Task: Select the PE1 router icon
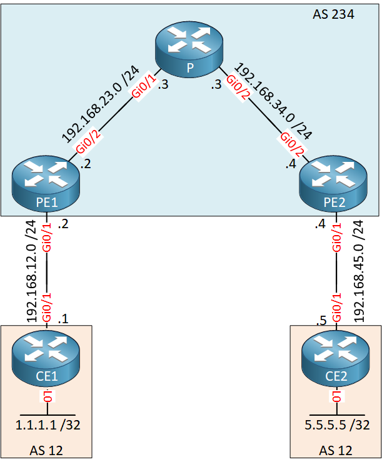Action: coord(47,181)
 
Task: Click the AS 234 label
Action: coord(333,14)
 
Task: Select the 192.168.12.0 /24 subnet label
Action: coord(31,271)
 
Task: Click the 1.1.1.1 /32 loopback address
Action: coord(48,426)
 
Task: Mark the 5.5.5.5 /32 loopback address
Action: coord(337,426)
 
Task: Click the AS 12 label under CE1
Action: coord(46,450)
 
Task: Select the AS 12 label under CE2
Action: coord(335,450)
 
